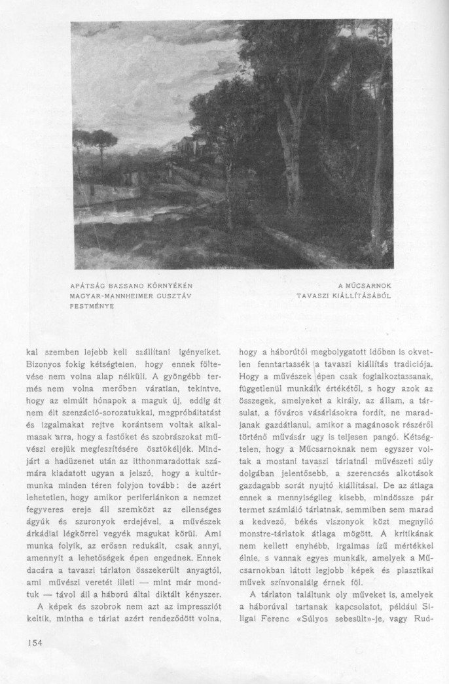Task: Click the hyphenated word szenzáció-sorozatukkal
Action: pyautogui.click(x=139, y=399)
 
